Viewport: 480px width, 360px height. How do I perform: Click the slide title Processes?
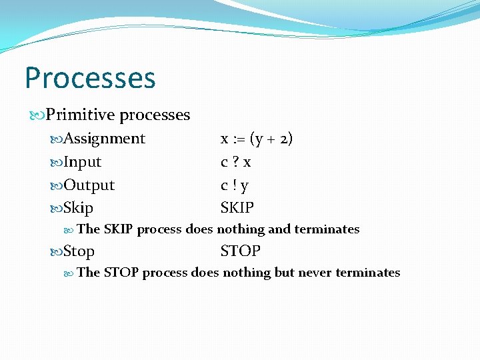point(90,77)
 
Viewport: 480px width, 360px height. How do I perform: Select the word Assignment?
point(104,139)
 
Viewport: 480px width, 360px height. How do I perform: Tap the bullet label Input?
point(83,162)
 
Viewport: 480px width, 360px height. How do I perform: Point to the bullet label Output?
point(89,185)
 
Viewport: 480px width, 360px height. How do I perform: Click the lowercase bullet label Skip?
point(79,208)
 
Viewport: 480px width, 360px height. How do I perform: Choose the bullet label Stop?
point(79,251)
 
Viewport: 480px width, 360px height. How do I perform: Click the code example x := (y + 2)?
point(257,139)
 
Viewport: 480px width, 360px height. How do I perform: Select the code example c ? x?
point(235,162)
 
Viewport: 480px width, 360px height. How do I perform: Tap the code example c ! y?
point(235,185)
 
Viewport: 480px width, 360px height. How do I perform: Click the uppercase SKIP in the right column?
point(237,208)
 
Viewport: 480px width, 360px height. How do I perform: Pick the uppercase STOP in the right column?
point(240,251)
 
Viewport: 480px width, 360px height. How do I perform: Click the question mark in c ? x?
point(235,162)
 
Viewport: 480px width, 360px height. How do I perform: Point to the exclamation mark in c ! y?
point(235,185)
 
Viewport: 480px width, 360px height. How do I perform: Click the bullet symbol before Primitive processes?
point(38,115)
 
